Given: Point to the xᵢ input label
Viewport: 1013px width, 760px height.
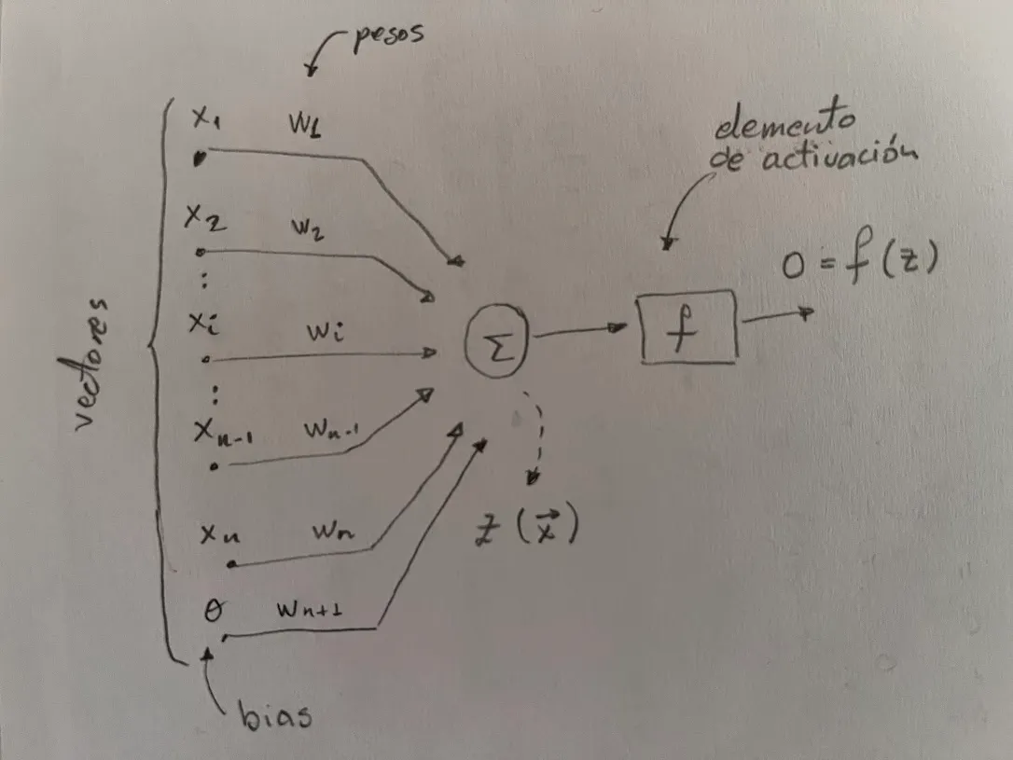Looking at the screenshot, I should coord(204,324).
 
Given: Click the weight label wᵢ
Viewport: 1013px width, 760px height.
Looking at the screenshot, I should coord(323,332).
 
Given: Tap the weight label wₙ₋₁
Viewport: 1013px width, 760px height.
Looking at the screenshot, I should coord(332,431).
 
